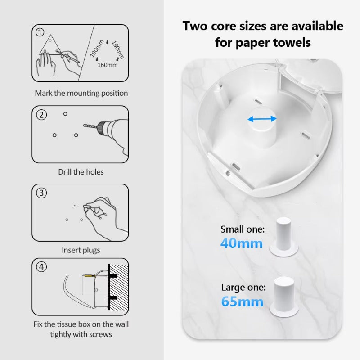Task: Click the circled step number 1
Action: coord(40,32)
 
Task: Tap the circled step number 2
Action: coord(41,115)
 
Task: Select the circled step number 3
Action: coord(41,193)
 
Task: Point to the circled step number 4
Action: coord(41,267)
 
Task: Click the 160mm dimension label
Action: coord(107,65)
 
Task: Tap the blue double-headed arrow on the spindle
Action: coord(262,119)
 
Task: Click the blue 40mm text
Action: coord(241,243)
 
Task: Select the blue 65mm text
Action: coord(242,301)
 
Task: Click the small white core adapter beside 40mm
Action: coord(284,237)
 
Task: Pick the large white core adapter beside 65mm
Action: coord(284,296)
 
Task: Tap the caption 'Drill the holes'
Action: coord(81,172)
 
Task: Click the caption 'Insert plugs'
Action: coord(81,250)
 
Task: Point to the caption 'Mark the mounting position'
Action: coord(81,93)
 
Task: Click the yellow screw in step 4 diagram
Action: coord(90,275)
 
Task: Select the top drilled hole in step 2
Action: coord(65,114)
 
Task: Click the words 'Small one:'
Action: coord(243,229)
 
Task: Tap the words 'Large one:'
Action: coord(243,288)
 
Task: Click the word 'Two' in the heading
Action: coord(195,26)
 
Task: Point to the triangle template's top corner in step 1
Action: coord(51,35)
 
